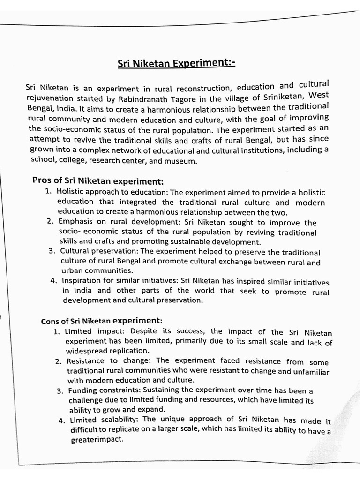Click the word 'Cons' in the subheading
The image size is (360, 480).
point(49,322)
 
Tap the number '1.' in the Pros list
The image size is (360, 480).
point(48,191)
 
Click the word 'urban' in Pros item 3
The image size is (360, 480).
point(72,271)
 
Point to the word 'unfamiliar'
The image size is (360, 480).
point(311,371)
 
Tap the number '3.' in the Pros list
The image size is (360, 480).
point(52,251)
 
